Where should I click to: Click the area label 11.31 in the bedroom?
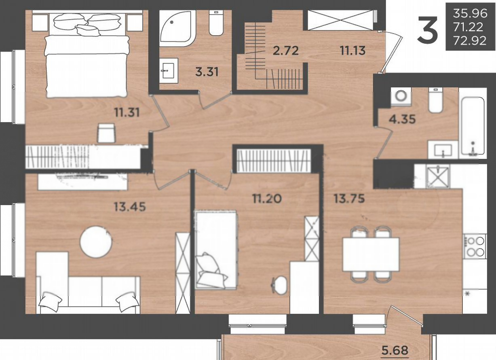click(x=127, y=112)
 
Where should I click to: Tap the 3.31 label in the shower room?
click(x=207, y=72)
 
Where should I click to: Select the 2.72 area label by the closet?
click(x=286, y=51)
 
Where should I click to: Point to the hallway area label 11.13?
click(x=353, y=51)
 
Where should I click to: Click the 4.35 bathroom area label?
click(x=402, y=119)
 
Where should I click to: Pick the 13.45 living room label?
click(x=130, y=207)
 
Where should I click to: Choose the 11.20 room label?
click(x=267, y=199)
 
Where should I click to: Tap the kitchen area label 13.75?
click(x=349, y=199)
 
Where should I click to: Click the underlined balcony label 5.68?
click(x=395, y=351)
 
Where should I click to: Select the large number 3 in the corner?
click(x=428, y=30)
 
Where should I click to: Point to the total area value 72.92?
click(x=470, y=41)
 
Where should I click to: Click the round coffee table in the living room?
click(x=96, y=241)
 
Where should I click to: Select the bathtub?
click(x=473, y=126)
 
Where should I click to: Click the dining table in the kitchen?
click(x=371, y=254)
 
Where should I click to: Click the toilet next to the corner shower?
click(x=216, y=23)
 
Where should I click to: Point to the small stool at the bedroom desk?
click(x=106, y=133)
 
